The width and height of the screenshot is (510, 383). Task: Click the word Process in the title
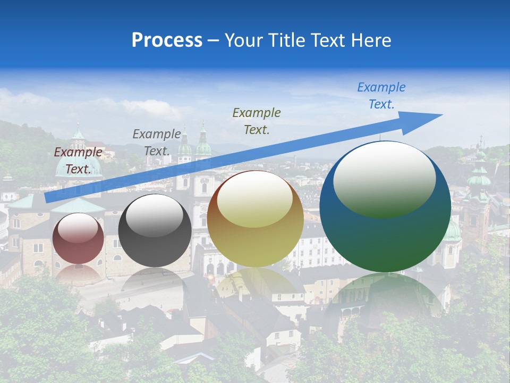click(167, 40)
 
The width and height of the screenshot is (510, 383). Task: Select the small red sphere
click(79, 238)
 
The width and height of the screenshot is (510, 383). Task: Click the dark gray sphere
click(155, 231)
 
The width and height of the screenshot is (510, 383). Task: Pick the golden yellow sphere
click(256, 219)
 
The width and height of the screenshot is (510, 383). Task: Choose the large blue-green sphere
click(385, 207)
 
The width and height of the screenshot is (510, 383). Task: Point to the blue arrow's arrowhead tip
click(442, 115)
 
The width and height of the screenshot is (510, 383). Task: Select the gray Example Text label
click(157, 142)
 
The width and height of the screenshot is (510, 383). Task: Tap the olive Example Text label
click(257, 121)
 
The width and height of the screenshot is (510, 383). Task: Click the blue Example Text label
click(381, 96)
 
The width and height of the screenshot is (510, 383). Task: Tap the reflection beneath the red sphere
click(79, 274)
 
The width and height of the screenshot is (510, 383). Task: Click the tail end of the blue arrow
click(48, 198)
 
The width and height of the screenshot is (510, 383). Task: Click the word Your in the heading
click(242, 40)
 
